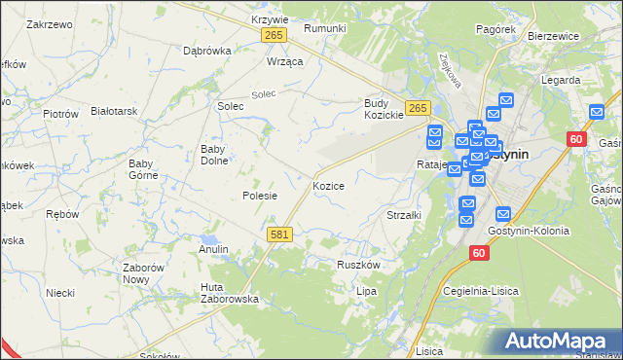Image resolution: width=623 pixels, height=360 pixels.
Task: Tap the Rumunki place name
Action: (325, 28)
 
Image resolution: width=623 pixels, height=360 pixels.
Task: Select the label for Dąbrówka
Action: (206, 51)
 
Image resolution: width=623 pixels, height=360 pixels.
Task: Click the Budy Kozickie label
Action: (384, 108)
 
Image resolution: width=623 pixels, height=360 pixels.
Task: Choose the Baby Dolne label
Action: (213, 155)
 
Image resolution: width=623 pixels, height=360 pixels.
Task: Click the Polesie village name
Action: (260, 196)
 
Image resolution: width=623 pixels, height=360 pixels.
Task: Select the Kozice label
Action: (328, 185)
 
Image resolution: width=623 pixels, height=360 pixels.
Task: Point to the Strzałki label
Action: (404, 215)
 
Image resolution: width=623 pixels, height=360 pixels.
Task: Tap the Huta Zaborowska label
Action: (229, 293)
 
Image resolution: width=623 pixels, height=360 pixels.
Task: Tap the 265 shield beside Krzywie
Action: (273, 36)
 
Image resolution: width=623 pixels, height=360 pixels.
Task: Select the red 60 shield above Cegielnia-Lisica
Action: (478, 252)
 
